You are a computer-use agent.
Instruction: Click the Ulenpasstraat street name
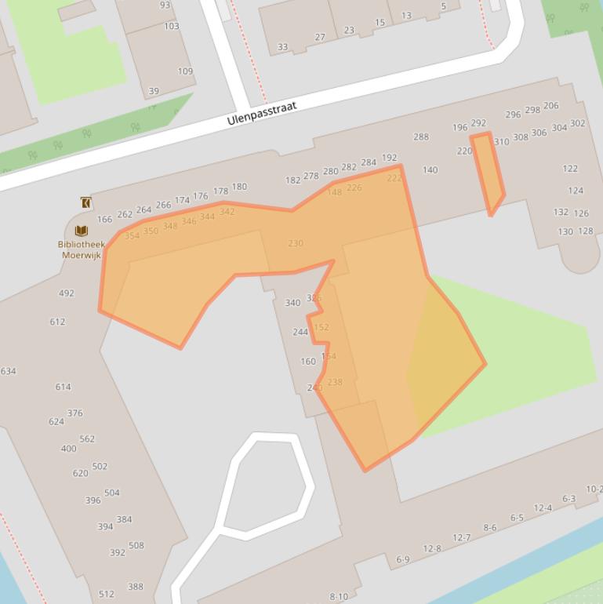262,114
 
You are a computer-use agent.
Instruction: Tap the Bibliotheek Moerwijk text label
81,249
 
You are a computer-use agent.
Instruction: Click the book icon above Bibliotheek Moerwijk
81,231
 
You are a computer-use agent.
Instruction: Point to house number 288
421,136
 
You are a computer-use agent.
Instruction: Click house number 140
430,169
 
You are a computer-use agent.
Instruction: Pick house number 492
66,293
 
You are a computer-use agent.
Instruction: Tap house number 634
8,371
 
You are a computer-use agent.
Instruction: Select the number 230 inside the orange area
296,243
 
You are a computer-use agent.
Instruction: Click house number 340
292,303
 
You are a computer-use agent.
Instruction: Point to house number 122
570,169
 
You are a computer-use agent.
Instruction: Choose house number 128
586,231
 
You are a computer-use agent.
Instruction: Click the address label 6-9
403,559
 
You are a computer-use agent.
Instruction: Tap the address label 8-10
339,596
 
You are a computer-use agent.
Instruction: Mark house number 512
106,594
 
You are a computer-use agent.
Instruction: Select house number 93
165,5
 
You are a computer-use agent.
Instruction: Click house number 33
282,47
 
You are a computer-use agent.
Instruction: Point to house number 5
443,6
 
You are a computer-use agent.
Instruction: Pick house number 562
87,439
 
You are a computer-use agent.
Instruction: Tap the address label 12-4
543,508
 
